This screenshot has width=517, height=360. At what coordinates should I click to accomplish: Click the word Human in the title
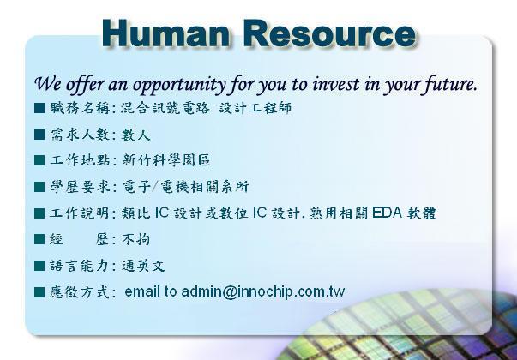tap(165, 33)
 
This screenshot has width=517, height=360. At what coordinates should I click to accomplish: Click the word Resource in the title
tap(330, 33)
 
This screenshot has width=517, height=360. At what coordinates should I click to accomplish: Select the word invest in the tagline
tap(335, 84)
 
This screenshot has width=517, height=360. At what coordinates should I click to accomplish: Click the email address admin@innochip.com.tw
tap(262, 291)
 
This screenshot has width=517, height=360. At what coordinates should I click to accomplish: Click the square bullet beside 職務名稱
tap(39, 108)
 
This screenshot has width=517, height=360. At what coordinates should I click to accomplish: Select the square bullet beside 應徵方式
tap(39, 292)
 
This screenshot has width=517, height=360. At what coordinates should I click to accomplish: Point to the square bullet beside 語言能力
tap(39, 266)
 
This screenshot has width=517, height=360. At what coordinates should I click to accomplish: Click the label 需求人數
tap(80, 135)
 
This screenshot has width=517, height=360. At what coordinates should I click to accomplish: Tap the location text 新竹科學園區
tap(166, 160)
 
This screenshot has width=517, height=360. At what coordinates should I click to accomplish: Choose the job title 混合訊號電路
tap(165, 108)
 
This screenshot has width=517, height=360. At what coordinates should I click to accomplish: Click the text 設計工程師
tap(255, 108)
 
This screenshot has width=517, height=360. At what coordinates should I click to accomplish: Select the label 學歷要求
tap(80, 187)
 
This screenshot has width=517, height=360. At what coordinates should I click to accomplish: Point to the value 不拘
tap(136, 239)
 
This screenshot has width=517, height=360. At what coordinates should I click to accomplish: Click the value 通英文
tap(143, 266)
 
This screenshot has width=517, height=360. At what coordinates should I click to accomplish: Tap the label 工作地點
tap(80, 160)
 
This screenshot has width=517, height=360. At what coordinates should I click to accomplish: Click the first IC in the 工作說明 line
tap(161, 213)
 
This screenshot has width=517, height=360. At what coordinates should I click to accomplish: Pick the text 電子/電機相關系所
tap(186, 187)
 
